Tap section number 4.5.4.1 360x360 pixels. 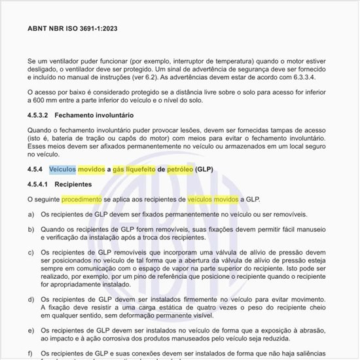tap(39, 185)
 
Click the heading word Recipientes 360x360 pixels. tap(73, 185)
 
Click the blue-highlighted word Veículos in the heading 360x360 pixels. tap(62, 170)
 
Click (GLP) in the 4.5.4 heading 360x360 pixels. tap(204, 170)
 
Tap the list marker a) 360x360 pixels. tap(31, 214)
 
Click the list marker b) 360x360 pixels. tap(31, 230)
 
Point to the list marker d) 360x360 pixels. tap(31, 298)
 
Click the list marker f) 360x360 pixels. tap(31, 353)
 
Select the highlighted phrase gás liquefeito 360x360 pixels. tap(134, 170)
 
